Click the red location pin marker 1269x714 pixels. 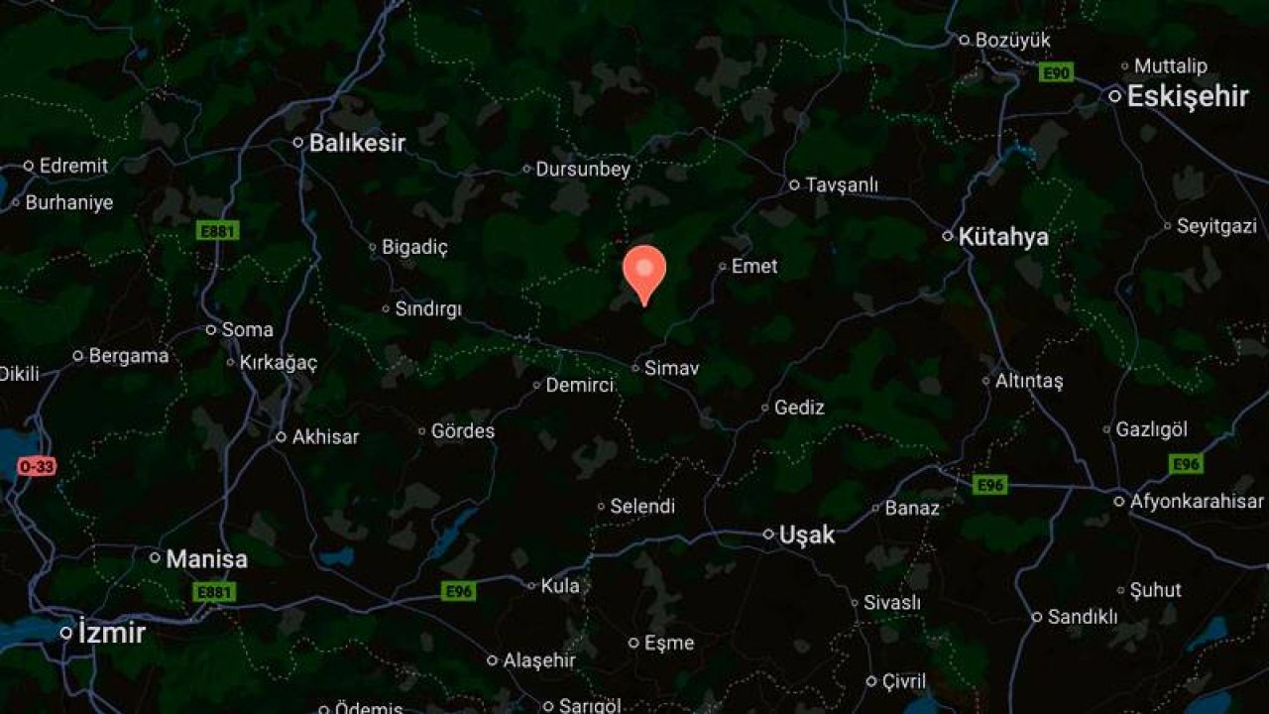coord(644,271)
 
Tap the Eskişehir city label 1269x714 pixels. coord(1188,96)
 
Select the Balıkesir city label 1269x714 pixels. coord(357,143)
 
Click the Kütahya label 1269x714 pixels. coord(1003,237)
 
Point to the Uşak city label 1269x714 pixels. coord(806,535)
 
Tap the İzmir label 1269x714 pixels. coord(111,632)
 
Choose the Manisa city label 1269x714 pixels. coord(206,558)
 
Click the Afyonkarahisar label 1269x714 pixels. coord(1197,502)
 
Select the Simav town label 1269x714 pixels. coord(671,368)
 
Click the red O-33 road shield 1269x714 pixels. coord(37,466)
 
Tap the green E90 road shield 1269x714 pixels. coord(1056,72)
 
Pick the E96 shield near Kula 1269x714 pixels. coord(458,591)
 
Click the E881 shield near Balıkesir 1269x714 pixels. coord(218,231)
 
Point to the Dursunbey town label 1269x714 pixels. coord(583,170)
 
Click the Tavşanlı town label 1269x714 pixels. coord(842,185)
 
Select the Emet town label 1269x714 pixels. coord(754,266)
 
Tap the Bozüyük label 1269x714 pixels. coord(1012,41)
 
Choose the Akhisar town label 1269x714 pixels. coord(325,436)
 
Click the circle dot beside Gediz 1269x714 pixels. coord(765,408)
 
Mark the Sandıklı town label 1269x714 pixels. coord(1082,617)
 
